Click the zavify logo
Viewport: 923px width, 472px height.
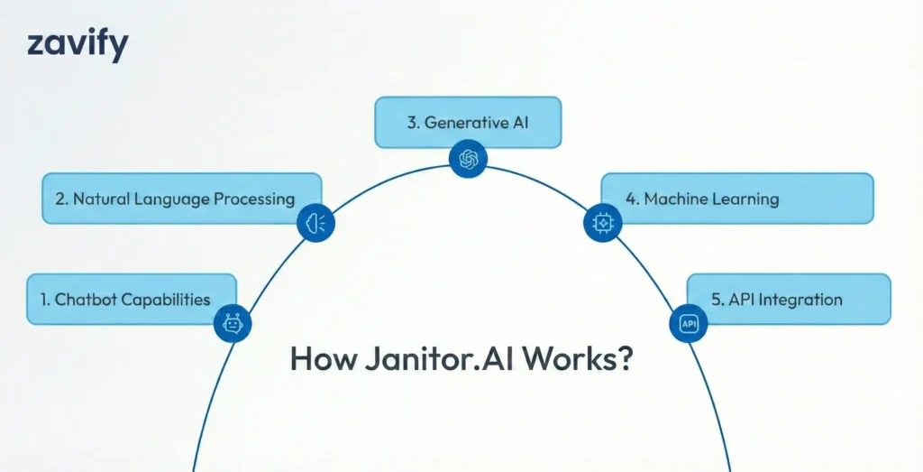78,44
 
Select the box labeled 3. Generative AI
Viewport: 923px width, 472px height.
468,122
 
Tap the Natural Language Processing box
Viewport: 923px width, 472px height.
181,199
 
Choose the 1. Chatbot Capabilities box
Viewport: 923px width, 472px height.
132,299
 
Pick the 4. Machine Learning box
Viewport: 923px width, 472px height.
736,199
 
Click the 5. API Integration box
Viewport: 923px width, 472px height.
788,299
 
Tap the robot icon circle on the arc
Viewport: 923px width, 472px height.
233,323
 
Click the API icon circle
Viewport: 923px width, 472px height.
689,323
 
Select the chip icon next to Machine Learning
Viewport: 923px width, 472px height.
602,222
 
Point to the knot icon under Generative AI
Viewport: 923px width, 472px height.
468,160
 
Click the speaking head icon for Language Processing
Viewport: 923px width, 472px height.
316,222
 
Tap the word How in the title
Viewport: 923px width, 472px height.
319,358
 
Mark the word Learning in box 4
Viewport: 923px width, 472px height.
744,199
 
